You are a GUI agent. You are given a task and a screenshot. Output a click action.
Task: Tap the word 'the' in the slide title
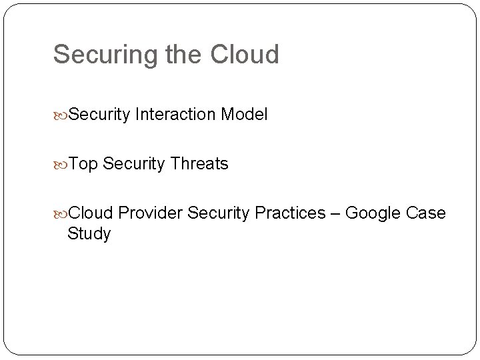pyautogui.click(x=182, y=55)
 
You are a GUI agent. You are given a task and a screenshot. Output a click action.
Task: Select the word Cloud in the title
pyautogui.click(x=246, y=55)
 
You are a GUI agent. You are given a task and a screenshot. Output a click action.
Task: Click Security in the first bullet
pyautogui.click(x=99, y=115)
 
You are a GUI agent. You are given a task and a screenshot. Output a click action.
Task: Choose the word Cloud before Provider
pyautogui.click(x=93, y=213)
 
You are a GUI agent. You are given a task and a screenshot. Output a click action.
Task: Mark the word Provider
pyautogui.click(x=153, y=213)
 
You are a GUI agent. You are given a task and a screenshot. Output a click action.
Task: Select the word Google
pyautogui.click(x=375, y=213)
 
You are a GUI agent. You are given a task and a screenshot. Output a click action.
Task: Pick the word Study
pyautogui.click(x=89, y=235)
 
